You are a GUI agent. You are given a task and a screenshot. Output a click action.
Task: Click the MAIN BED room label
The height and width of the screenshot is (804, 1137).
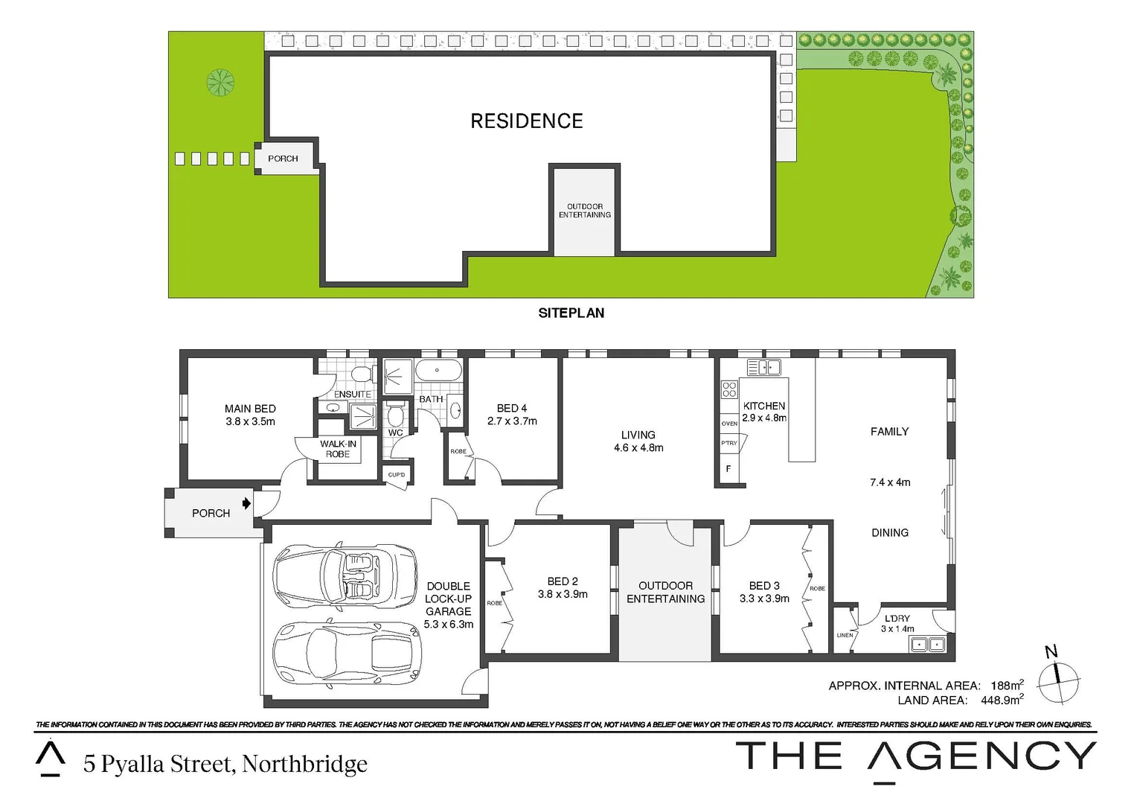tap(250, 409)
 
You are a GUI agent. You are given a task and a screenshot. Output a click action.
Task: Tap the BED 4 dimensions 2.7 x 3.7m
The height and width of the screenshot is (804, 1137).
tap(512, 421)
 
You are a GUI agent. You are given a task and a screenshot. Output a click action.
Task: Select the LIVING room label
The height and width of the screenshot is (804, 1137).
tap(638, 435)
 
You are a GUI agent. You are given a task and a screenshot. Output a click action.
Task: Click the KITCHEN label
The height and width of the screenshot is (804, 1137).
tap(764, 406)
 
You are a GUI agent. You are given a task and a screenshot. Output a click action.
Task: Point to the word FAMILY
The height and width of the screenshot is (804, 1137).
tap(889, 431)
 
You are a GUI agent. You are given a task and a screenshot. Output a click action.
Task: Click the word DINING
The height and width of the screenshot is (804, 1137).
tap(890, 532)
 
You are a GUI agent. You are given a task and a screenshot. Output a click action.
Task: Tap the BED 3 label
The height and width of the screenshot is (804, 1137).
tap(764, 586)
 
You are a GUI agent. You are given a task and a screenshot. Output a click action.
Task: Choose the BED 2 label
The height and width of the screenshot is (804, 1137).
tap(563, 581)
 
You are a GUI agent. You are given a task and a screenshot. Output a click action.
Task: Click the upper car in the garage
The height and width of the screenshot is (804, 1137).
tap(345, 575)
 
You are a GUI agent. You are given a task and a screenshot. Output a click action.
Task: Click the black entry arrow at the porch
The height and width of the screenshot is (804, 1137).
tap(246, 504)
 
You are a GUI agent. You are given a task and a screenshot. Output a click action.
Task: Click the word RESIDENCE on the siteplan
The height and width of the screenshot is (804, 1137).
tap(527, 121)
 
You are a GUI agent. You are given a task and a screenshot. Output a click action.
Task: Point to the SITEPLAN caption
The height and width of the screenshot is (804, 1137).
tap(571, 313)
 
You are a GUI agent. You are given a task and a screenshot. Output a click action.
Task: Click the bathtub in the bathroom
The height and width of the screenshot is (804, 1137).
tap(438, 370)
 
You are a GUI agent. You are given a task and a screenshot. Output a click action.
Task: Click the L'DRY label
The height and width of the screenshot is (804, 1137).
tap(897, 619)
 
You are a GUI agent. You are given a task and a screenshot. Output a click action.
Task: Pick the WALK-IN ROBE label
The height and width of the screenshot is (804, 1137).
tap(338, 449)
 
